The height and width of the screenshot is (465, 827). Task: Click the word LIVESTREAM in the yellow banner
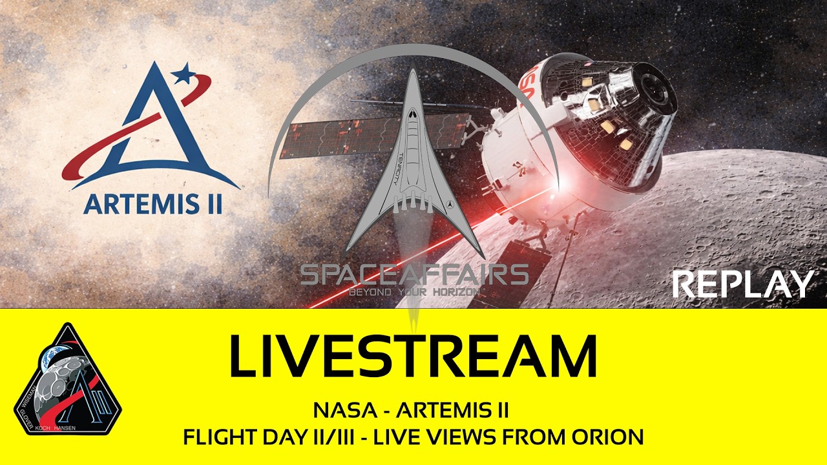413,357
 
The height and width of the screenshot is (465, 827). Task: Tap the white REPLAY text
742,285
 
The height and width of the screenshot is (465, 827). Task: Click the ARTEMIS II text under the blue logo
153,204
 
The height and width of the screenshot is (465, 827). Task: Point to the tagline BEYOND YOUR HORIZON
414,293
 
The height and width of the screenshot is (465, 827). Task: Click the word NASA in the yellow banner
338,410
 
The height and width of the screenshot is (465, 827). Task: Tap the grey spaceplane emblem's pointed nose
413,74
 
